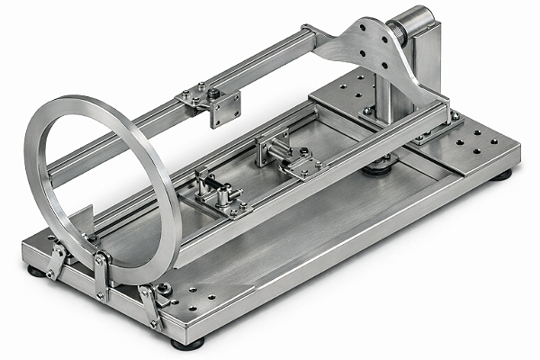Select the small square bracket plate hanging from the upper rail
(x=225, y=108)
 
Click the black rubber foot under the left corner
(x=36, y=269)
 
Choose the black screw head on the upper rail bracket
(x=213, y=92)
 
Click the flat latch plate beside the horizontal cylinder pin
(x=301, y=166)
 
